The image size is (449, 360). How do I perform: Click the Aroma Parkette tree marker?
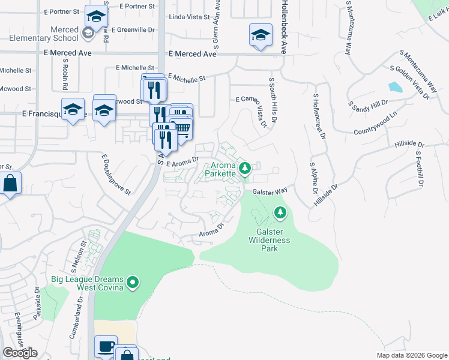pyautogui.click(x=244, y=169)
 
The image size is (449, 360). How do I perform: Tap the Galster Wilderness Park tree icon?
pyautogui.click(x=280, y=212)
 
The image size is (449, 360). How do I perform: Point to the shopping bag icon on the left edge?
pyautogui.click(x=10, y=183)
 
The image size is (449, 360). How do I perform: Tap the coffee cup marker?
pyautogui.click(x=106, y=347)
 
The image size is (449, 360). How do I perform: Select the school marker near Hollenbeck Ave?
pyautogui.click(x=261, y=35)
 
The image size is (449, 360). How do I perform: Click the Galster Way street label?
pyautogui.click(x=271, y=192)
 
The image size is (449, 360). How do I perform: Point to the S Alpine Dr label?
pyautogui.click(x=313, y=178)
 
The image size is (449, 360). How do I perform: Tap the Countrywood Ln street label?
pyautogui.click(x=376, y=124)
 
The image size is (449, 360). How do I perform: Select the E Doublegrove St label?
pyautogui.click(x=116, y=174)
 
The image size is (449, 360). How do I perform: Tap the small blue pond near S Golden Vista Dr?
pyautogui.click(x=396, y=88)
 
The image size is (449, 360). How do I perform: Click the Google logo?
pyautogui.click(x=20, y=353)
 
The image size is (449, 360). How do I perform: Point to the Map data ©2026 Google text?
pyautogui.click(x=412, y=355)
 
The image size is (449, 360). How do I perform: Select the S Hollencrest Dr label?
pyautogui.click(x=318, y=116)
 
